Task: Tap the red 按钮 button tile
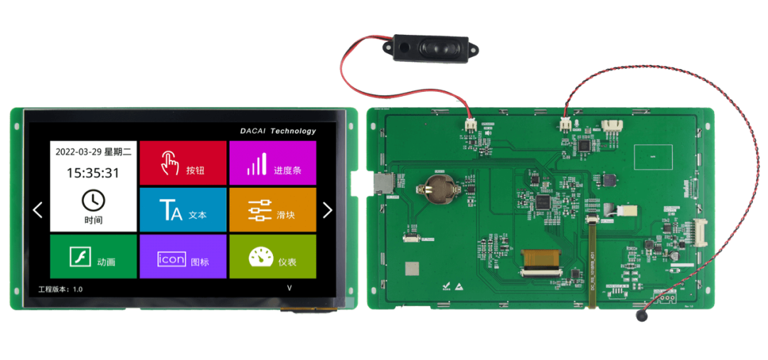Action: pos(183,163)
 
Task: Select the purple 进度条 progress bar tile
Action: pos(272,163)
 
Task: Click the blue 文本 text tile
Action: pos(183,210)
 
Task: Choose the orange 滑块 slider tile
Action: pos(272,210)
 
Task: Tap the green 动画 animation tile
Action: pos(93,257)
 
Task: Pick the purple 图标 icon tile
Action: pos(183,257)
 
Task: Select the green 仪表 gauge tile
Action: pos(272,257)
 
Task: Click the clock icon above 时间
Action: pos(93,200)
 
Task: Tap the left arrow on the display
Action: pos(38,210)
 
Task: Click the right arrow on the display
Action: pos(327,210)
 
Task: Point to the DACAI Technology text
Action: pos(277,131)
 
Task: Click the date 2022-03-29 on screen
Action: pos(78,152)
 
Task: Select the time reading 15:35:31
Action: pos(93,173)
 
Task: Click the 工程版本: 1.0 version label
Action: pos(60,290)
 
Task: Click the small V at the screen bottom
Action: pos(289,288)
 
